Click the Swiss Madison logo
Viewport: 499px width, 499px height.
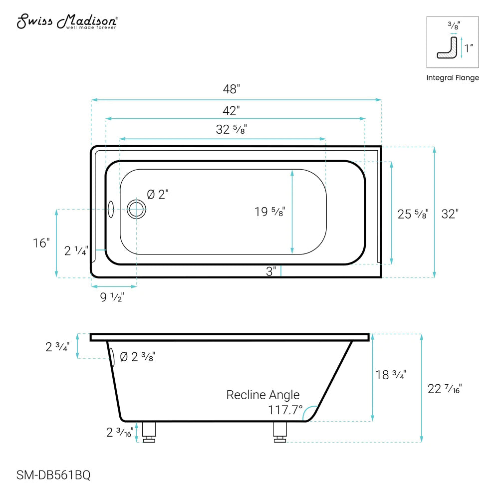click(x=67, y=22)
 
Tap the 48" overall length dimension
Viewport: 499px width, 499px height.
click(x=231, y=89)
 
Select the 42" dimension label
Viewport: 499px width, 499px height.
click(x=231, y=109)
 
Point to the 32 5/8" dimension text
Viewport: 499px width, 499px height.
click(x=232, y=129)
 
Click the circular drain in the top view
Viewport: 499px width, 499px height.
click(x=136, y=209)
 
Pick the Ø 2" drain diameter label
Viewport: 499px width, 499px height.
click(x=158, y=195)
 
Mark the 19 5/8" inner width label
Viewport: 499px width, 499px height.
click(x=270, y=212)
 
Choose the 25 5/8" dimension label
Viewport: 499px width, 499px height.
click(x=413, y=214)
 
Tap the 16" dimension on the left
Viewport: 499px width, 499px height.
click(x=42, y=243)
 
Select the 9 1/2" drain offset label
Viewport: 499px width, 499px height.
click(x=112, y=297)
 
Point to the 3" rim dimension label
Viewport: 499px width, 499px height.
click(x=271, y=271)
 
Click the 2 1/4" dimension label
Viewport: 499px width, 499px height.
click(x=76, y=251)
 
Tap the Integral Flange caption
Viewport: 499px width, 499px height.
click(x=453, y=77)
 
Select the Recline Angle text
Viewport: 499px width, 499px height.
click(x=263, y=395)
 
